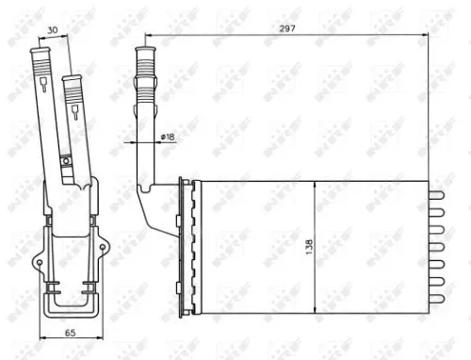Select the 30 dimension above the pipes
click(56, 29)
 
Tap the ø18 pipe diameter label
click(167, 138)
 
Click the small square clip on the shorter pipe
click(66, 161)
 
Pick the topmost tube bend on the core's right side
click(437, 196)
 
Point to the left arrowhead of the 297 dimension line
click(146, 38)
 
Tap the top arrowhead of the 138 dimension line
click(316, 182)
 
